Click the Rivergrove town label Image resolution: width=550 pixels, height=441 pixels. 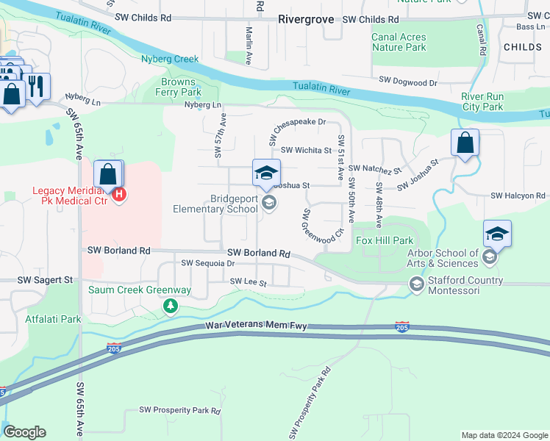307,20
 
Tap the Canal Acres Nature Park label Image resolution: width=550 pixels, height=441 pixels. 399,43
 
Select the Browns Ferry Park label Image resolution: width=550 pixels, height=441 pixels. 177,87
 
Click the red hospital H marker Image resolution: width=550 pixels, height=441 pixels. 119,196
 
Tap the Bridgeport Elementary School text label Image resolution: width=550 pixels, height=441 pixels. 215,204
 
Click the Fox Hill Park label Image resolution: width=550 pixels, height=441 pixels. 384,240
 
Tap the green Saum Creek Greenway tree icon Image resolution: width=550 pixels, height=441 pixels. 171,305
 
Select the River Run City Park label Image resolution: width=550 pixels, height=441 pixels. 482,101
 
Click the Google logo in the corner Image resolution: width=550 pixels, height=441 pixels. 24,432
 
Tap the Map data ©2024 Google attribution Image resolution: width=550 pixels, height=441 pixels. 504,435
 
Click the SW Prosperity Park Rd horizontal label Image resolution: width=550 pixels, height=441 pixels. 180,410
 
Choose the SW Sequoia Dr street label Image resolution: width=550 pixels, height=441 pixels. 207,263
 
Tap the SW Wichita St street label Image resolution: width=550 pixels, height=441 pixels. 306,150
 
